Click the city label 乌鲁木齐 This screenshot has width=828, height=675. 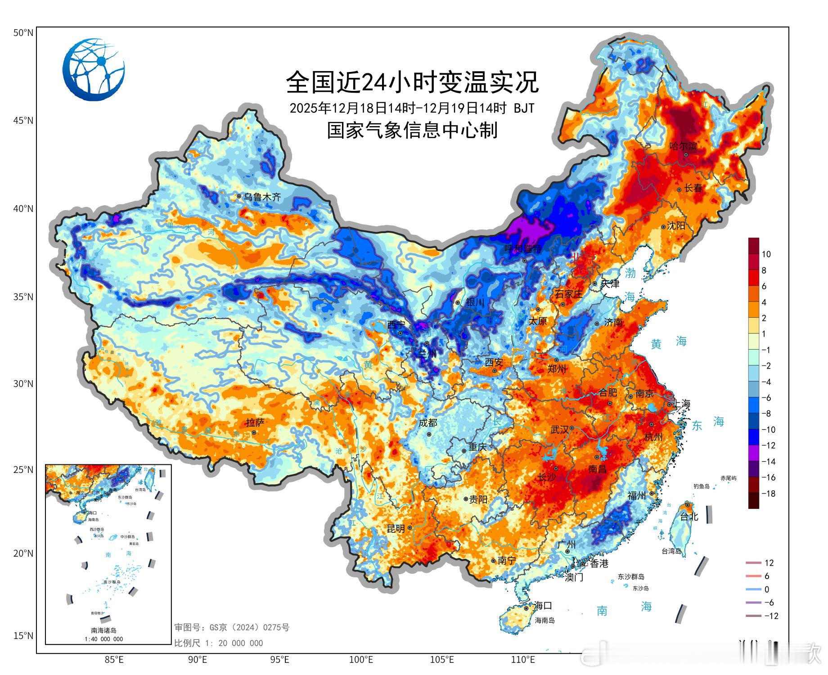click(262, 197)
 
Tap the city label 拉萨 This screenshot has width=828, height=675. click(255, 423)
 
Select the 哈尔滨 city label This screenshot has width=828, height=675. click(683, 146)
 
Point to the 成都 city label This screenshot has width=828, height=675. click(427, 423)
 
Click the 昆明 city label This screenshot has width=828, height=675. click(396, 529)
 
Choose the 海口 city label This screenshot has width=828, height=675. click(543, 605)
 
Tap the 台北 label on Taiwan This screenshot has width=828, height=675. click(689, 517)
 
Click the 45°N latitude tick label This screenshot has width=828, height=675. click(23, 121)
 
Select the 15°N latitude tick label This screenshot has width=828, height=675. click(23, 635)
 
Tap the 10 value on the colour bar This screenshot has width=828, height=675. click(766, 254)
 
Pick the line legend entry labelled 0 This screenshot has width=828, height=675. click(766, 589)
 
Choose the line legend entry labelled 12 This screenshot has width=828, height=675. click(769, 563)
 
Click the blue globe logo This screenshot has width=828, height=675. click(93, 70)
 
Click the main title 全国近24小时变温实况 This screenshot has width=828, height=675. click(412, 82)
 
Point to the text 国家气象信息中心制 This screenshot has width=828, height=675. click(412, 130)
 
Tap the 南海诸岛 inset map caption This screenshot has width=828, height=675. click(104, 630)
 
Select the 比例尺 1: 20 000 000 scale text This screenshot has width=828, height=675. click(219, 643)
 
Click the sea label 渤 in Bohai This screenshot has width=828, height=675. click(630, 273)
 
